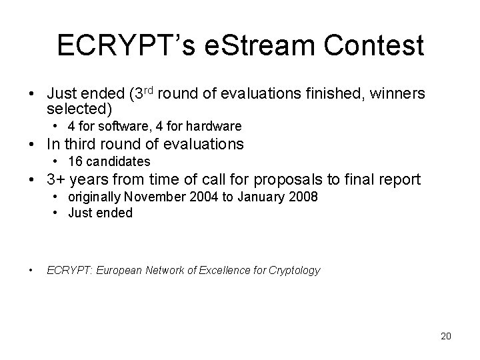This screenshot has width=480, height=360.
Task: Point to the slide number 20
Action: pyautogui.click(x=445, y=336)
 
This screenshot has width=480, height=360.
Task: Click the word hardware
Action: pyautogui.click(x=216, y=126)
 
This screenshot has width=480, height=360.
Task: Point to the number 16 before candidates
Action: pyautogui.click(x=74, y=161)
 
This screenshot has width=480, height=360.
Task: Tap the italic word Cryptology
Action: pyautogui.click(x=293, y=270)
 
